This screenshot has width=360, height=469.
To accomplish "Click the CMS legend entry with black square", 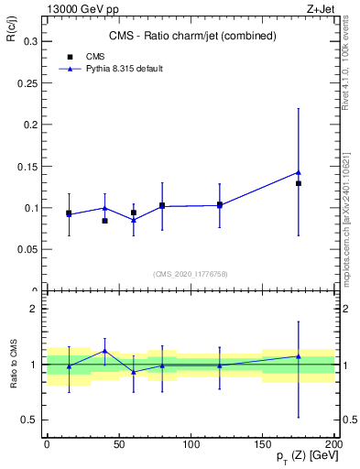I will pyautogui.click(x=94, y=56).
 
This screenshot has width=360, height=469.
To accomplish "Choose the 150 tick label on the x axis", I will pyautogui.click(x=262, y=443).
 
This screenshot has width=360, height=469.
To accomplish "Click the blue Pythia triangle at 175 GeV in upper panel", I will pyautogui.click(x=299, y=172).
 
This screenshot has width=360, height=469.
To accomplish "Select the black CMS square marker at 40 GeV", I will pyautogui.click(x=104, y=221).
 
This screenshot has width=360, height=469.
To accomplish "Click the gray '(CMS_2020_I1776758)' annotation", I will pyautogui.click(x=191, y=273).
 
